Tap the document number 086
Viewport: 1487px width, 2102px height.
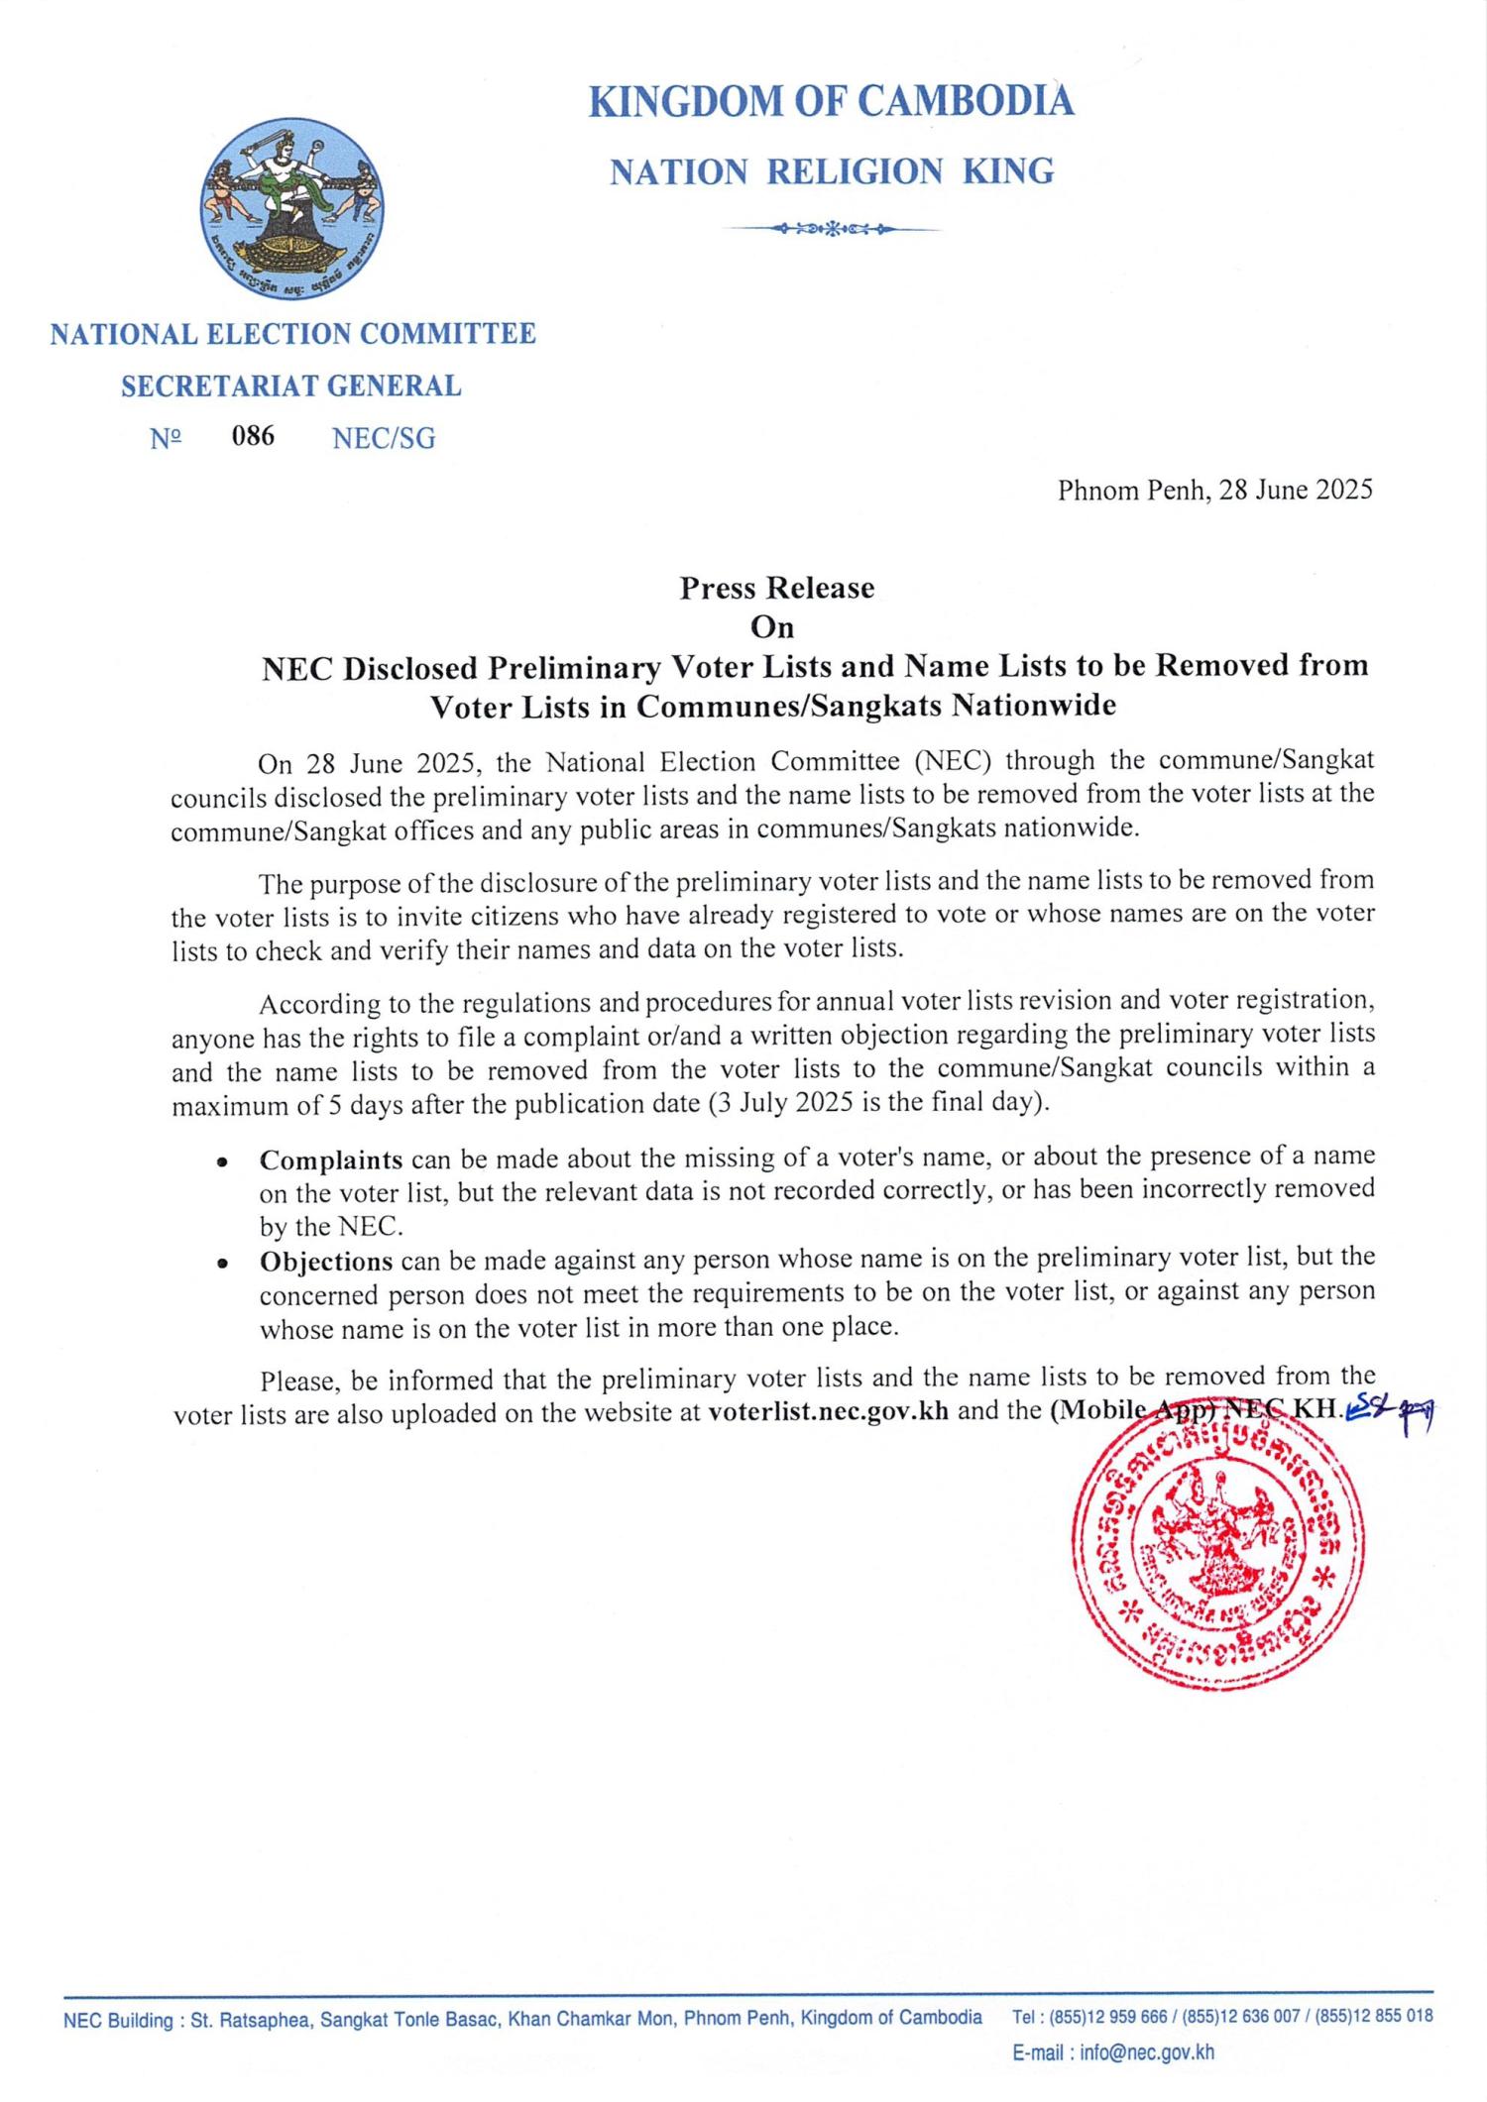pos(253,436)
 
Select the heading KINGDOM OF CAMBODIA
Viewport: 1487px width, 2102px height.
pos(831,102)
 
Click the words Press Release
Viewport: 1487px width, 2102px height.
pos(776,588)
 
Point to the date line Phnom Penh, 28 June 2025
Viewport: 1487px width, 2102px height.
pos(1214,490)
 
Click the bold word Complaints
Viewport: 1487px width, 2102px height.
pos(331,1160)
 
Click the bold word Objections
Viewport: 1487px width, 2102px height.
pos(326,1262)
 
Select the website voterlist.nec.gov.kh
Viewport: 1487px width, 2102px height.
pos(829,1411)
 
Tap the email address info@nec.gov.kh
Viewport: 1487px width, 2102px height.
pos(1147,2052)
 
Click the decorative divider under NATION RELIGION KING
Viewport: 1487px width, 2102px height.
pos(831,229)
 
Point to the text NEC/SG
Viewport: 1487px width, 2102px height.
pos(384,438)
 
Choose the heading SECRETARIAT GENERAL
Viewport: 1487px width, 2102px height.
pos(291,386)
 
